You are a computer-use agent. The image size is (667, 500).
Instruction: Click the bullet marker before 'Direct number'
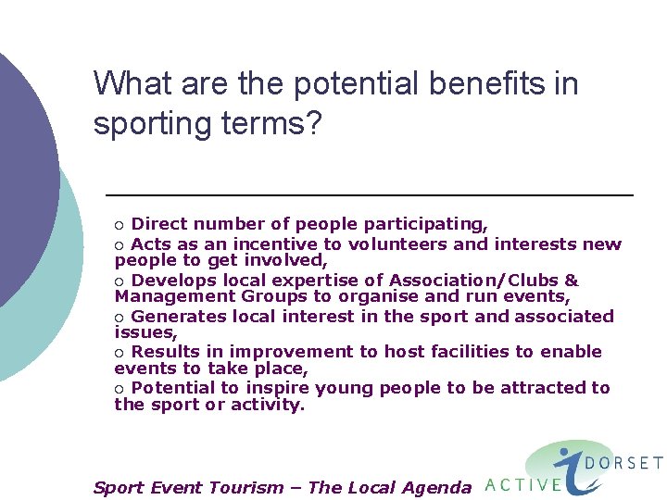tap(119, 225)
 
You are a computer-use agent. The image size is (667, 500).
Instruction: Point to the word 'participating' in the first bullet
tap(425, 224)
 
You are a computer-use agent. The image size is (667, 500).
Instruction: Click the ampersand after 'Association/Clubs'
tap(571, 281)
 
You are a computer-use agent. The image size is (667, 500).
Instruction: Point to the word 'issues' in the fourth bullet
tap(144, 331)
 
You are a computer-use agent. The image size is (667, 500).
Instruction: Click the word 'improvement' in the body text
tap(292, 352)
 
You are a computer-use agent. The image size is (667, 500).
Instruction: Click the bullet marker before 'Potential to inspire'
tap(119, 389)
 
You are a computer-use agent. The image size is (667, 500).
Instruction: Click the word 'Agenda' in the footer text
tap(434, 488)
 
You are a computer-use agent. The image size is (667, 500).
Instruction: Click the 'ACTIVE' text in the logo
tap(523, 484)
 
